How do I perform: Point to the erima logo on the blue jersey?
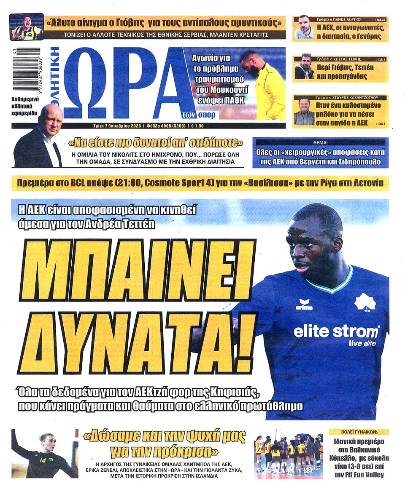(x=305, y=304)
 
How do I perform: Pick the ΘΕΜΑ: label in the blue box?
(x=320, y=142)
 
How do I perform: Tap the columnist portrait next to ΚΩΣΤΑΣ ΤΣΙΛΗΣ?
(x=304, y=67)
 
